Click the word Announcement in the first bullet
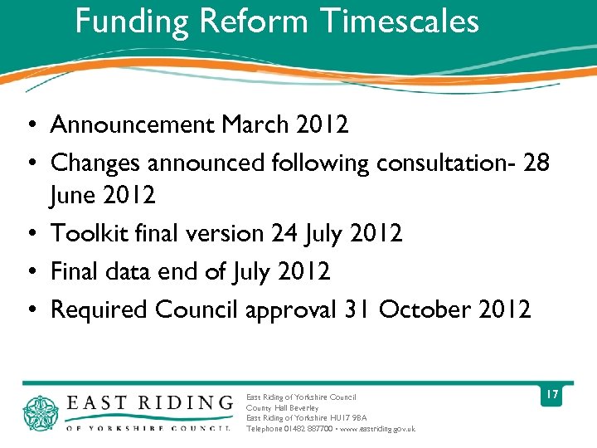point(133,124)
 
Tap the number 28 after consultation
point(536,163)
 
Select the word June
point(73,197)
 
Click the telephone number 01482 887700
point(308,429)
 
